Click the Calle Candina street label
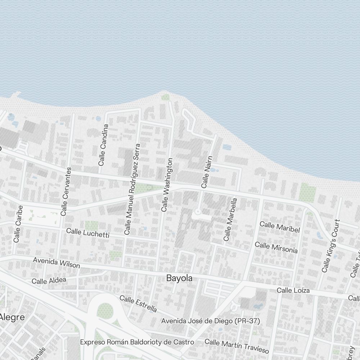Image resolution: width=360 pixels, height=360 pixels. [103, 145]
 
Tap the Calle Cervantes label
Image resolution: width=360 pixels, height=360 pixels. [67, 191]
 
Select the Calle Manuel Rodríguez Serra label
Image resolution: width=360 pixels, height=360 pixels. [132, 189]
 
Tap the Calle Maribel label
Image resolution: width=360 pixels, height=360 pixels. [280, 227]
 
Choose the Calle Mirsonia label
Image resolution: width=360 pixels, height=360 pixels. [276, 247]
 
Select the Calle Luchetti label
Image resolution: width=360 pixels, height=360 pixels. [88, 233]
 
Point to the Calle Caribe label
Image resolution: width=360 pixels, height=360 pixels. [18, 224]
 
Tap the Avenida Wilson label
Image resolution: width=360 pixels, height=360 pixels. [57, 262]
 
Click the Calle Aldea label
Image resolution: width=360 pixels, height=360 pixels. [49, 280]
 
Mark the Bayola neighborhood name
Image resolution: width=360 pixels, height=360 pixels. [179, 278]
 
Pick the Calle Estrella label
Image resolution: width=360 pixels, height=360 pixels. [138, 304]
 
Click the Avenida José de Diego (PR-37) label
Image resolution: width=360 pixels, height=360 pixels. [211, 321]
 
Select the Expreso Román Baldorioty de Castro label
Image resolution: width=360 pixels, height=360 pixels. [137, 342]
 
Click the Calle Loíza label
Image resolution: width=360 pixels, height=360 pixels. [293, 290]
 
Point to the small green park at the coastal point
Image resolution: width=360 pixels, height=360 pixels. [165, 97]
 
